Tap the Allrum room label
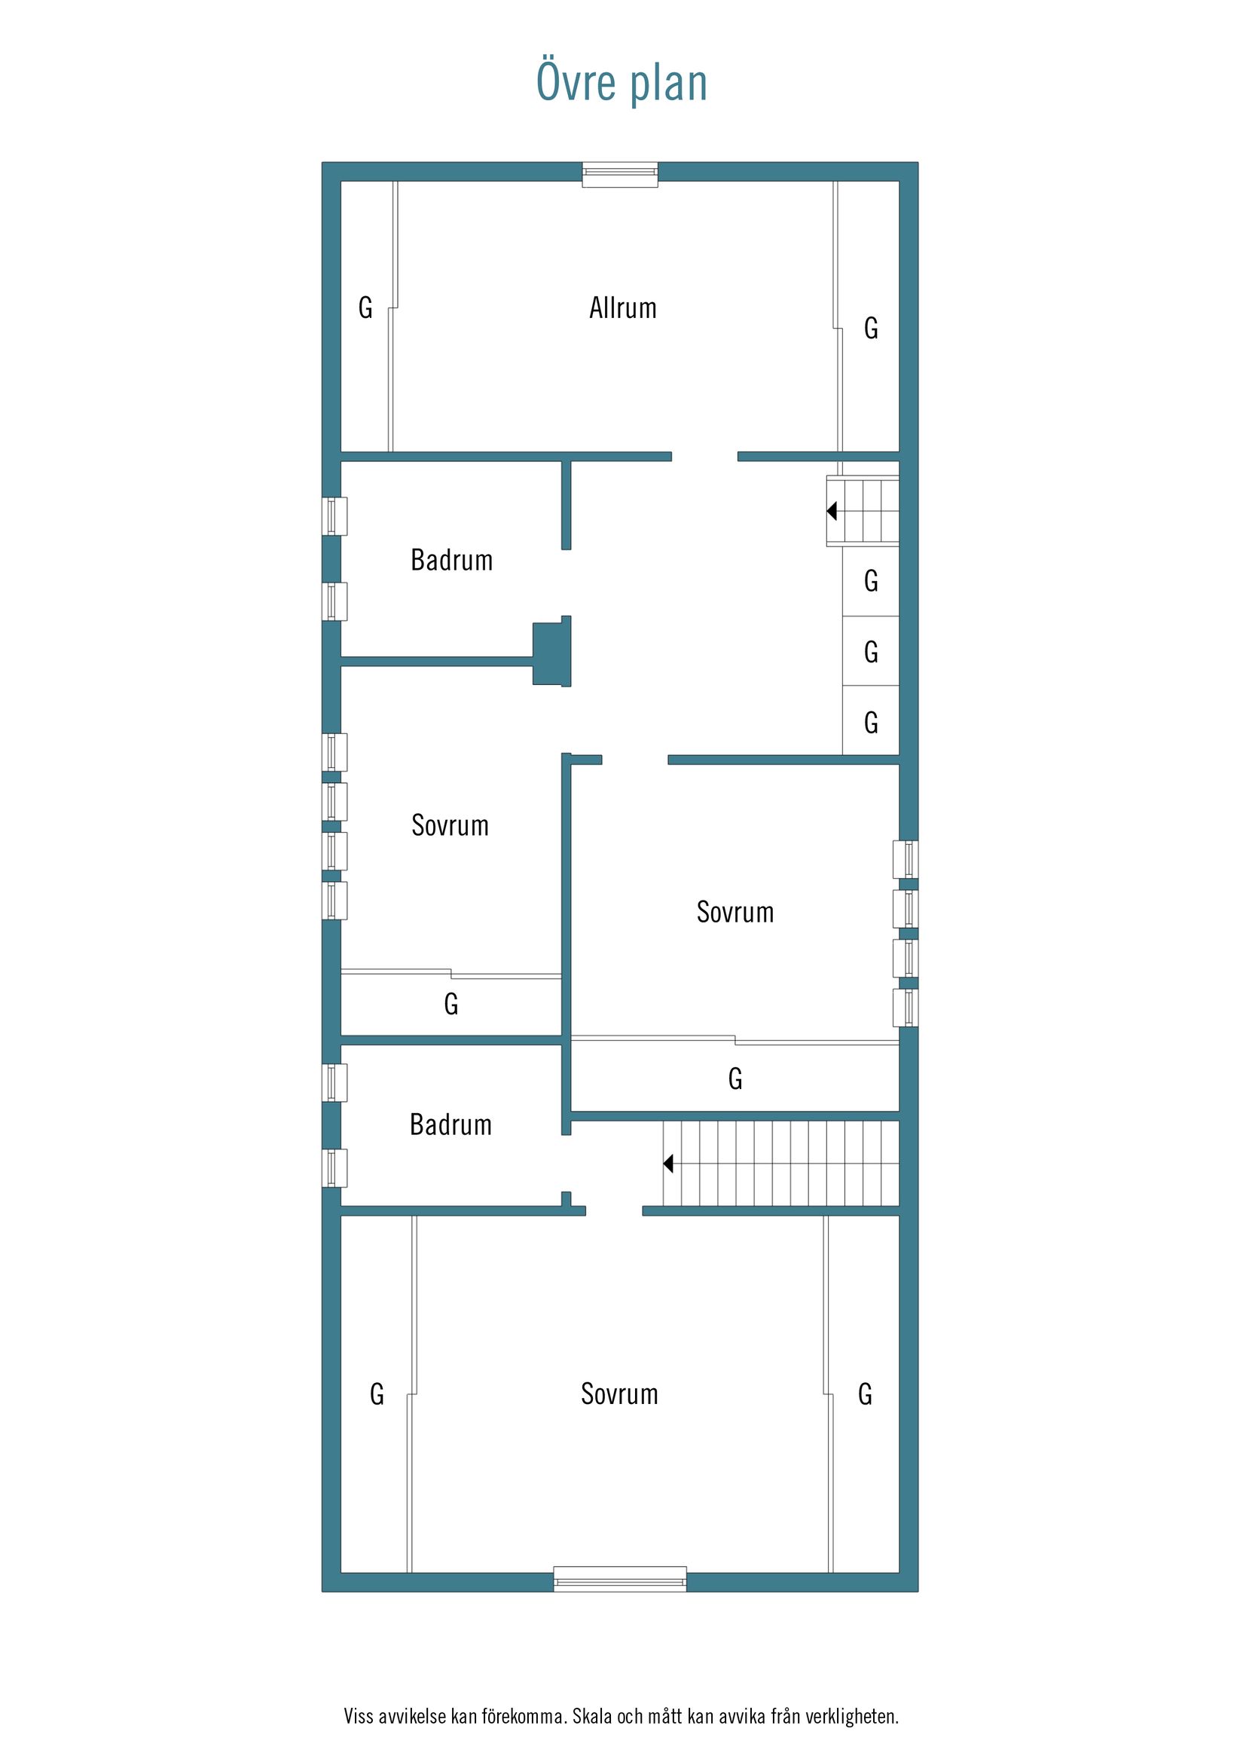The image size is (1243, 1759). pyautogui.click(x=623, y=308)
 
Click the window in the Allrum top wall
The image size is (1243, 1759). pyautogui.click(x=619, y=175)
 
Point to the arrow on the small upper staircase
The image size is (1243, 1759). pyautogui.click(x=832, y=510)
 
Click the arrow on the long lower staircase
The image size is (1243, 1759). pyautogui.click(x=668, y=1164)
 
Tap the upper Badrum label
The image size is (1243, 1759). pyautogui.click(x=452, y=560)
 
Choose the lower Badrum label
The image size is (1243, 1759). pyautogui.click(x=451, y=1124)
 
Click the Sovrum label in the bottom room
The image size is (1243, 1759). pyautogui.click(x=619, y=1393)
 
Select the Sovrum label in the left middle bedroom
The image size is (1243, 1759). pyautogui.click(x=450, y=825)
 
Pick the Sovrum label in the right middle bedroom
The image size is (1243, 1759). pyautogui.click(x=735, y=912)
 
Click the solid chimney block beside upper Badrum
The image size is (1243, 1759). pyautogui.click(x=552, y=653)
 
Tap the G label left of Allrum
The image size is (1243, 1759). pyautogui.click(x=365, y=308)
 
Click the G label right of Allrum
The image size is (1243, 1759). pyautogui.click(x=871, y=328)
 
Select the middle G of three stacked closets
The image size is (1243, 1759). pyautogui.click(x=871, y=652)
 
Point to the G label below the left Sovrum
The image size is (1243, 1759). pyautogui.click(x=451, y=1004)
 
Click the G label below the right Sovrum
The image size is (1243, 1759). pyautogui.click(x=735, y=1078)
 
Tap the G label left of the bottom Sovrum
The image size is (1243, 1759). pyautogui.click(x=377, y=1394)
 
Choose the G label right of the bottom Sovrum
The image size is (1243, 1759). pyautogui.click(x=865, y=1394)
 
